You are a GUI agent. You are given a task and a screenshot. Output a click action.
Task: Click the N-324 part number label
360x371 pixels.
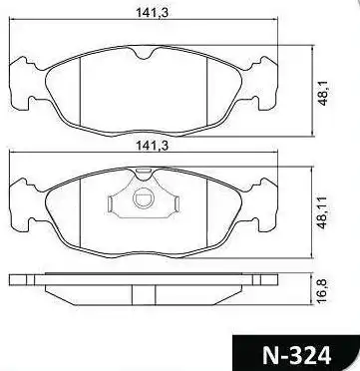(x=296, y=355)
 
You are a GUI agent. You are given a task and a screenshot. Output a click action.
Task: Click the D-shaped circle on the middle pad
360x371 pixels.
(x=144, y=198)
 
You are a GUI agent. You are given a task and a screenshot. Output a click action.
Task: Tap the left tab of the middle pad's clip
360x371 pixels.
(x=111, y=203)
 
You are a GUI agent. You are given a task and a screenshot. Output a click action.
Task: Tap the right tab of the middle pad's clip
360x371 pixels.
(x=177, y=203)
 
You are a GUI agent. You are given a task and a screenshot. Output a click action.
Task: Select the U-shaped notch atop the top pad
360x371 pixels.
(x=144, y=54)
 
